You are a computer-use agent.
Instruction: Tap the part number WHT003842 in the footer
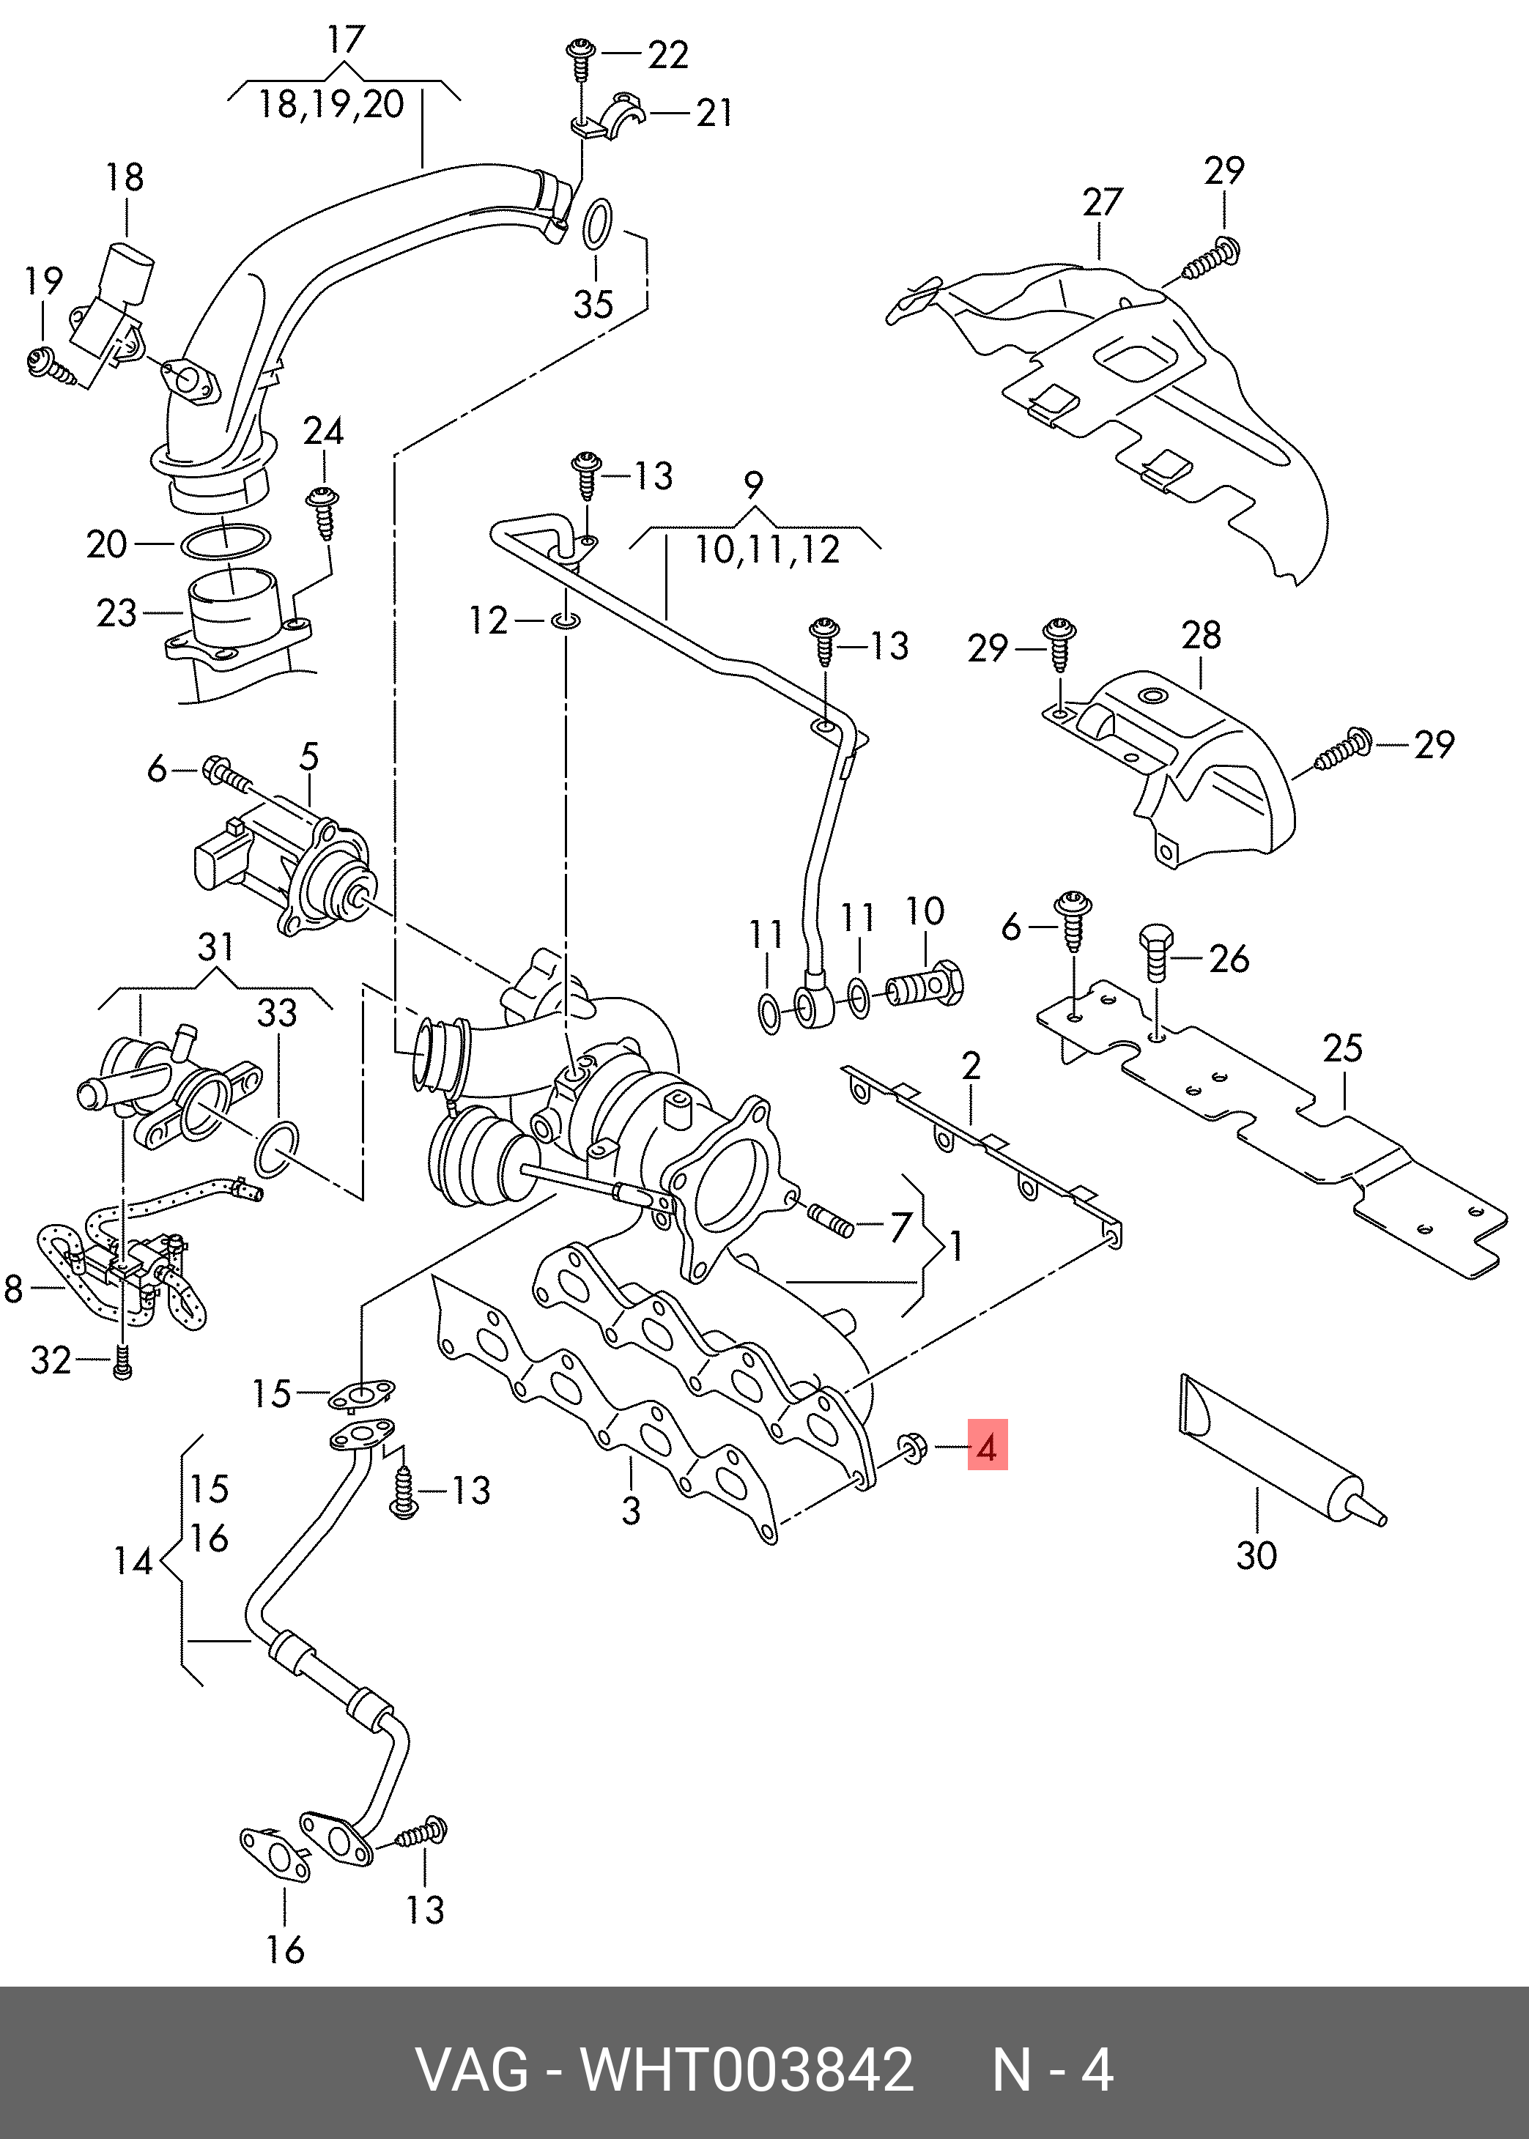747,2070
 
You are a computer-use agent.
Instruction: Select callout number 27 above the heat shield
1103,202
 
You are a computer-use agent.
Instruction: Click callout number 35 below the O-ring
593,304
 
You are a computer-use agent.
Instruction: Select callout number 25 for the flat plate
1341,1048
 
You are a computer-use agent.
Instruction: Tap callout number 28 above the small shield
1202,636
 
